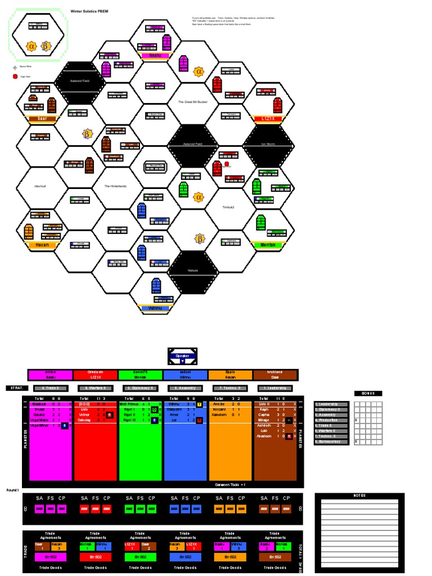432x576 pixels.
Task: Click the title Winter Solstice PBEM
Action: point(88,11)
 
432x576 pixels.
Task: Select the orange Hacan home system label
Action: point(42,245)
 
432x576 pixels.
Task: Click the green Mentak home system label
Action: point(268,245)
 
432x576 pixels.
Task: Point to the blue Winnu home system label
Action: point(155,308)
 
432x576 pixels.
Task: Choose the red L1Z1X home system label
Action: point(268,119)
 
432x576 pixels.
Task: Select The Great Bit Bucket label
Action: point(192,102)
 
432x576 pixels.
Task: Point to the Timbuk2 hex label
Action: point(228,207)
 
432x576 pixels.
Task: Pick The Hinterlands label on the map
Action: point(117,186)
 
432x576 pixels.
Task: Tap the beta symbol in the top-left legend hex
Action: point(47,45)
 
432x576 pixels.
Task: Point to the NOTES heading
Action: point(359,496)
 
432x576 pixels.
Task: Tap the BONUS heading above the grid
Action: point(368,393)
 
